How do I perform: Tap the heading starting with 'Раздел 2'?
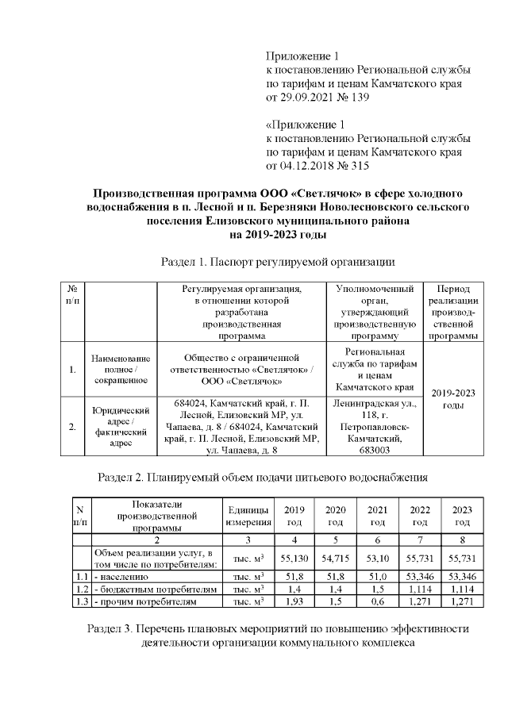262,477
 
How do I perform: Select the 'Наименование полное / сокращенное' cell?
121,369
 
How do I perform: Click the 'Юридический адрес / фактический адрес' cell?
121,426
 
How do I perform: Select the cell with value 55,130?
294,559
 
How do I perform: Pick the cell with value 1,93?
294,605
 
